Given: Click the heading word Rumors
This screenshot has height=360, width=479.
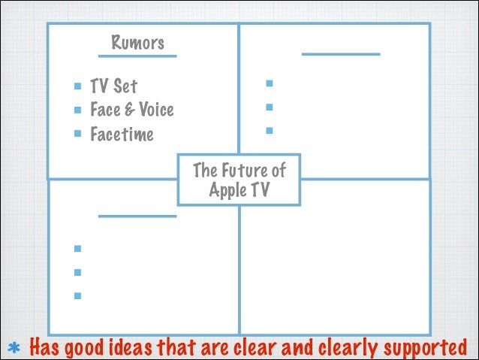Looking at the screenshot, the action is (137, 42).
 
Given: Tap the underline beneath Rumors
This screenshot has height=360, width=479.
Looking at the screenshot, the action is (137, 56).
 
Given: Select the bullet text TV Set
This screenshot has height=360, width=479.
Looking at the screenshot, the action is (113, 86).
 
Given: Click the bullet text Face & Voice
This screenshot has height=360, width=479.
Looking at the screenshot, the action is (131, 110).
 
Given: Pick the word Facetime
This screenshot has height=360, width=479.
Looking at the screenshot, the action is (122, 135).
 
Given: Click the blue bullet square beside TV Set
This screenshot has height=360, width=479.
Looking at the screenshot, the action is (77, 86).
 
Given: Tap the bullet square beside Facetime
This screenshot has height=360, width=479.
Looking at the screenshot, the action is (77, 134).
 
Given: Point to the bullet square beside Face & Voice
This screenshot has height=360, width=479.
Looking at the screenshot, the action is (77, 110).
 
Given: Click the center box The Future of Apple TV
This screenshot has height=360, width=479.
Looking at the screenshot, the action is (239, 180).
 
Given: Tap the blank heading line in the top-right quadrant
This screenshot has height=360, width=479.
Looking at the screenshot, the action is (341, 54).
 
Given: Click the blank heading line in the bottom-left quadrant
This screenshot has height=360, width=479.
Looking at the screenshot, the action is (137, 216).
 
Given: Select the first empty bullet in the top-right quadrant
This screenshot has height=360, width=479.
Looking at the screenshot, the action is (268, 83).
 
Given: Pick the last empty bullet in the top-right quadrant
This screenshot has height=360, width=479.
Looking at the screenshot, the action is (268, 131).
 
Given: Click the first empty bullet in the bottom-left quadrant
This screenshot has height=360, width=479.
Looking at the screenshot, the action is (77, 248).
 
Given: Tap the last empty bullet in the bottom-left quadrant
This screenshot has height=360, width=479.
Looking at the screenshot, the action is (77, 295).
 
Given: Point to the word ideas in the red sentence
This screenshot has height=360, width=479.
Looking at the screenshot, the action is (125, 348).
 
